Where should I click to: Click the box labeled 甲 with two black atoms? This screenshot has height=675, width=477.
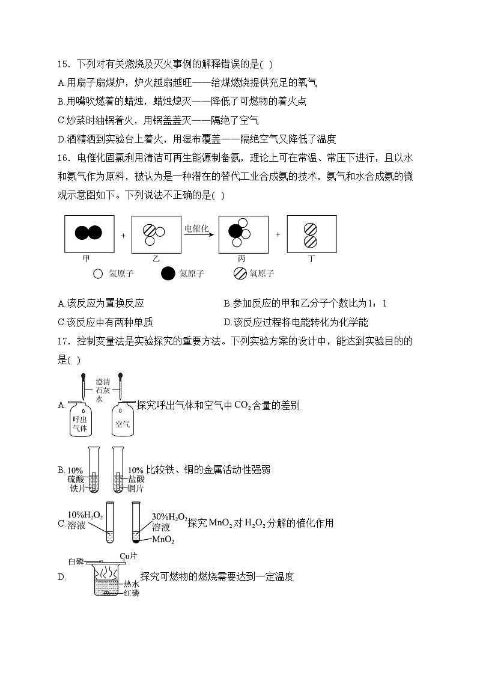click(89, 234)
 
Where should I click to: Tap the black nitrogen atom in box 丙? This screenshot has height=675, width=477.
click(235, 231)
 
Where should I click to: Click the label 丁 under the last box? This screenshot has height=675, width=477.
click(311, 258)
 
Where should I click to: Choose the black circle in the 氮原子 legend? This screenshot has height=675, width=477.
click(169, 273)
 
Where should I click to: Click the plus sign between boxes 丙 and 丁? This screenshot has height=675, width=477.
click(278, 234)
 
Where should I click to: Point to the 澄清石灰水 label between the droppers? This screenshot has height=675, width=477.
click(103, 390)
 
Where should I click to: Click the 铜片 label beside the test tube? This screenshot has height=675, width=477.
click(136, 488)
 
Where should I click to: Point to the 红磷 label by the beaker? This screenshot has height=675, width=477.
click(132, 593)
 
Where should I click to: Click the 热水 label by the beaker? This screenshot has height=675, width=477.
click(132, 584)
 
